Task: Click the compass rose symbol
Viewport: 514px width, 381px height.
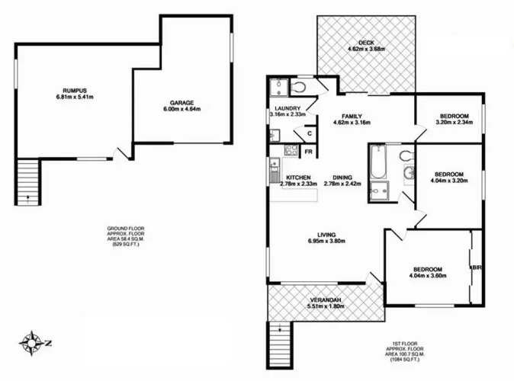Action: [x=31, y=343]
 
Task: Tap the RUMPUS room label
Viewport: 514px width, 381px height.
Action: [x=75, y=91]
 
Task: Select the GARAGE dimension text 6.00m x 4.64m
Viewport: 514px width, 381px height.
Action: [x=182, y=109]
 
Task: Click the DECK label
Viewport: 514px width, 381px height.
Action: [x=366, y=43]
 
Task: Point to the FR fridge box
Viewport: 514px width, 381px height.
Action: [x=308, y=152]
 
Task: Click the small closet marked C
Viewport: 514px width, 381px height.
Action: [x=310, y=133]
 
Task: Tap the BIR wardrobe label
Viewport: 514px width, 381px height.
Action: [x=477, y=267]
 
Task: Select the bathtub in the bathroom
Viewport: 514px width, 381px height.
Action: [x=378, y=162]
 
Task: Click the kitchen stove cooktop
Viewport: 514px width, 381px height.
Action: [x=291, y=150]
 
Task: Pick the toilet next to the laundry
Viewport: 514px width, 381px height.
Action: [x=298, y=88]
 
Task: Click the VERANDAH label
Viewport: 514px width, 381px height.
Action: [x=326, y=299]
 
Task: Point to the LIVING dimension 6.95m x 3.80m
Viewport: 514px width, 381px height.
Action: [x=326, y=241]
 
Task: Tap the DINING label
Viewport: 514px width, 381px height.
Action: [x=342, y=178]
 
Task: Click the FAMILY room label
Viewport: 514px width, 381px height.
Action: [x=352, y=117]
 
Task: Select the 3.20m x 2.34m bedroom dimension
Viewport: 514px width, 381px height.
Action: [x=455, y=123]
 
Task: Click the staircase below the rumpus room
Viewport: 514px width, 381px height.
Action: [x=28, y=182]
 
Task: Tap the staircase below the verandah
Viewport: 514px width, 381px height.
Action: [x=280, y=344]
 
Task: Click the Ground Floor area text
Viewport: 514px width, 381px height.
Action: [x=126, y=236]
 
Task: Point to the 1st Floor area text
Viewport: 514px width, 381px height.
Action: [x=405, y=351]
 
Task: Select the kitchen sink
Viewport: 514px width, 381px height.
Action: [x=274, y=170]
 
